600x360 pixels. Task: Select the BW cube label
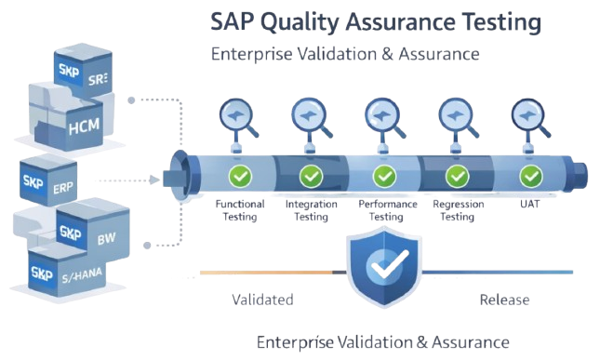click(106, 239)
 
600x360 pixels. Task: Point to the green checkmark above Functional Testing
click(240, 175)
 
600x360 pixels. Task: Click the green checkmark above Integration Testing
click(310, 175)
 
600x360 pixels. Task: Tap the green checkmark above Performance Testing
click(384, 175)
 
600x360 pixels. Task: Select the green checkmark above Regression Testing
click(456, 175)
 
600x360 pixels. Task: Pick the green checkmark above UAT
click(530, 175)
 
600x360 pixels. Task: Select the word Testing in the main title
click(484, 20)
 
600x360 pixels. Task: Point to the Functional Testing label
click(240, 209)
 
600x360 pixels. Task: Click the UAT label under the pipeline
click(530, 204)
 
